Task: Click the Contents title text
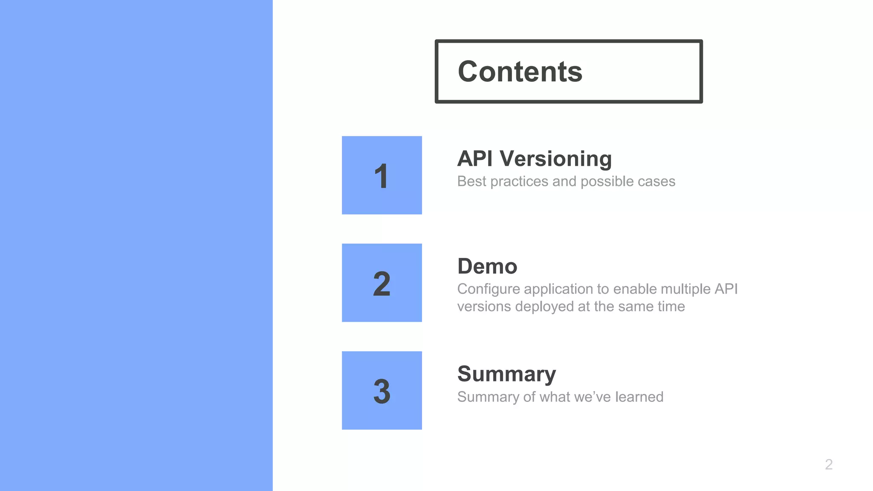click(520, 72)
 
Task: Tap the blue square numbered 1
click(382, 175)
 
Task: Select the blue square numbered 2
click(382, 283)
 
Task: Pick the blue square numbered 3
click(382, 390)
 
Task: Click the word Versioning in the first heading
click(556, 159)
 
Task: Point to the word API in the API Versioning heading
click(474, 159)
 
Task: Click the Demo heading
click(487, 266)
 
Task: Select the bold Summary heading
click(506, 374)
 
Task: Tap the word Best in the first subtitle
click(471, 182)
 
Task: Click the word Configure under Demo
click(489, 289)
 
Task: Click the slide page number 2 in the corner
click(829, 464)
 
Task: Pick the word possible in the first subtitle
click(604, 182)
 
